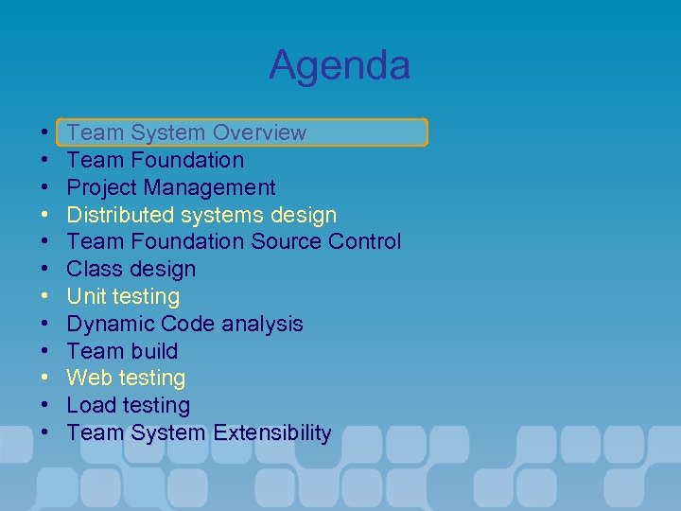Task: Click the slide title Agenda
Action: [339, 65]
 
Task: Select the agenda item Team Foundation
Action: [155, 160]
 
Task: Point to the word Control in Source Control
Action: [364, 242]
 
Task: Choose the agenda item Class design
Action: [131, 270]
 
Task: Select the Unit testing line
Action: [123, 297]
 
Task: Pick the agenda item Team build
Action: [122, 351]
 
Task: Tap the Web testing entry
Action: [126, 379]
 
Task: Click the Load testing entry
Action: [128, 406]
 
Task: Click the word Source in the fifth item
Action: [286, 242]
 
